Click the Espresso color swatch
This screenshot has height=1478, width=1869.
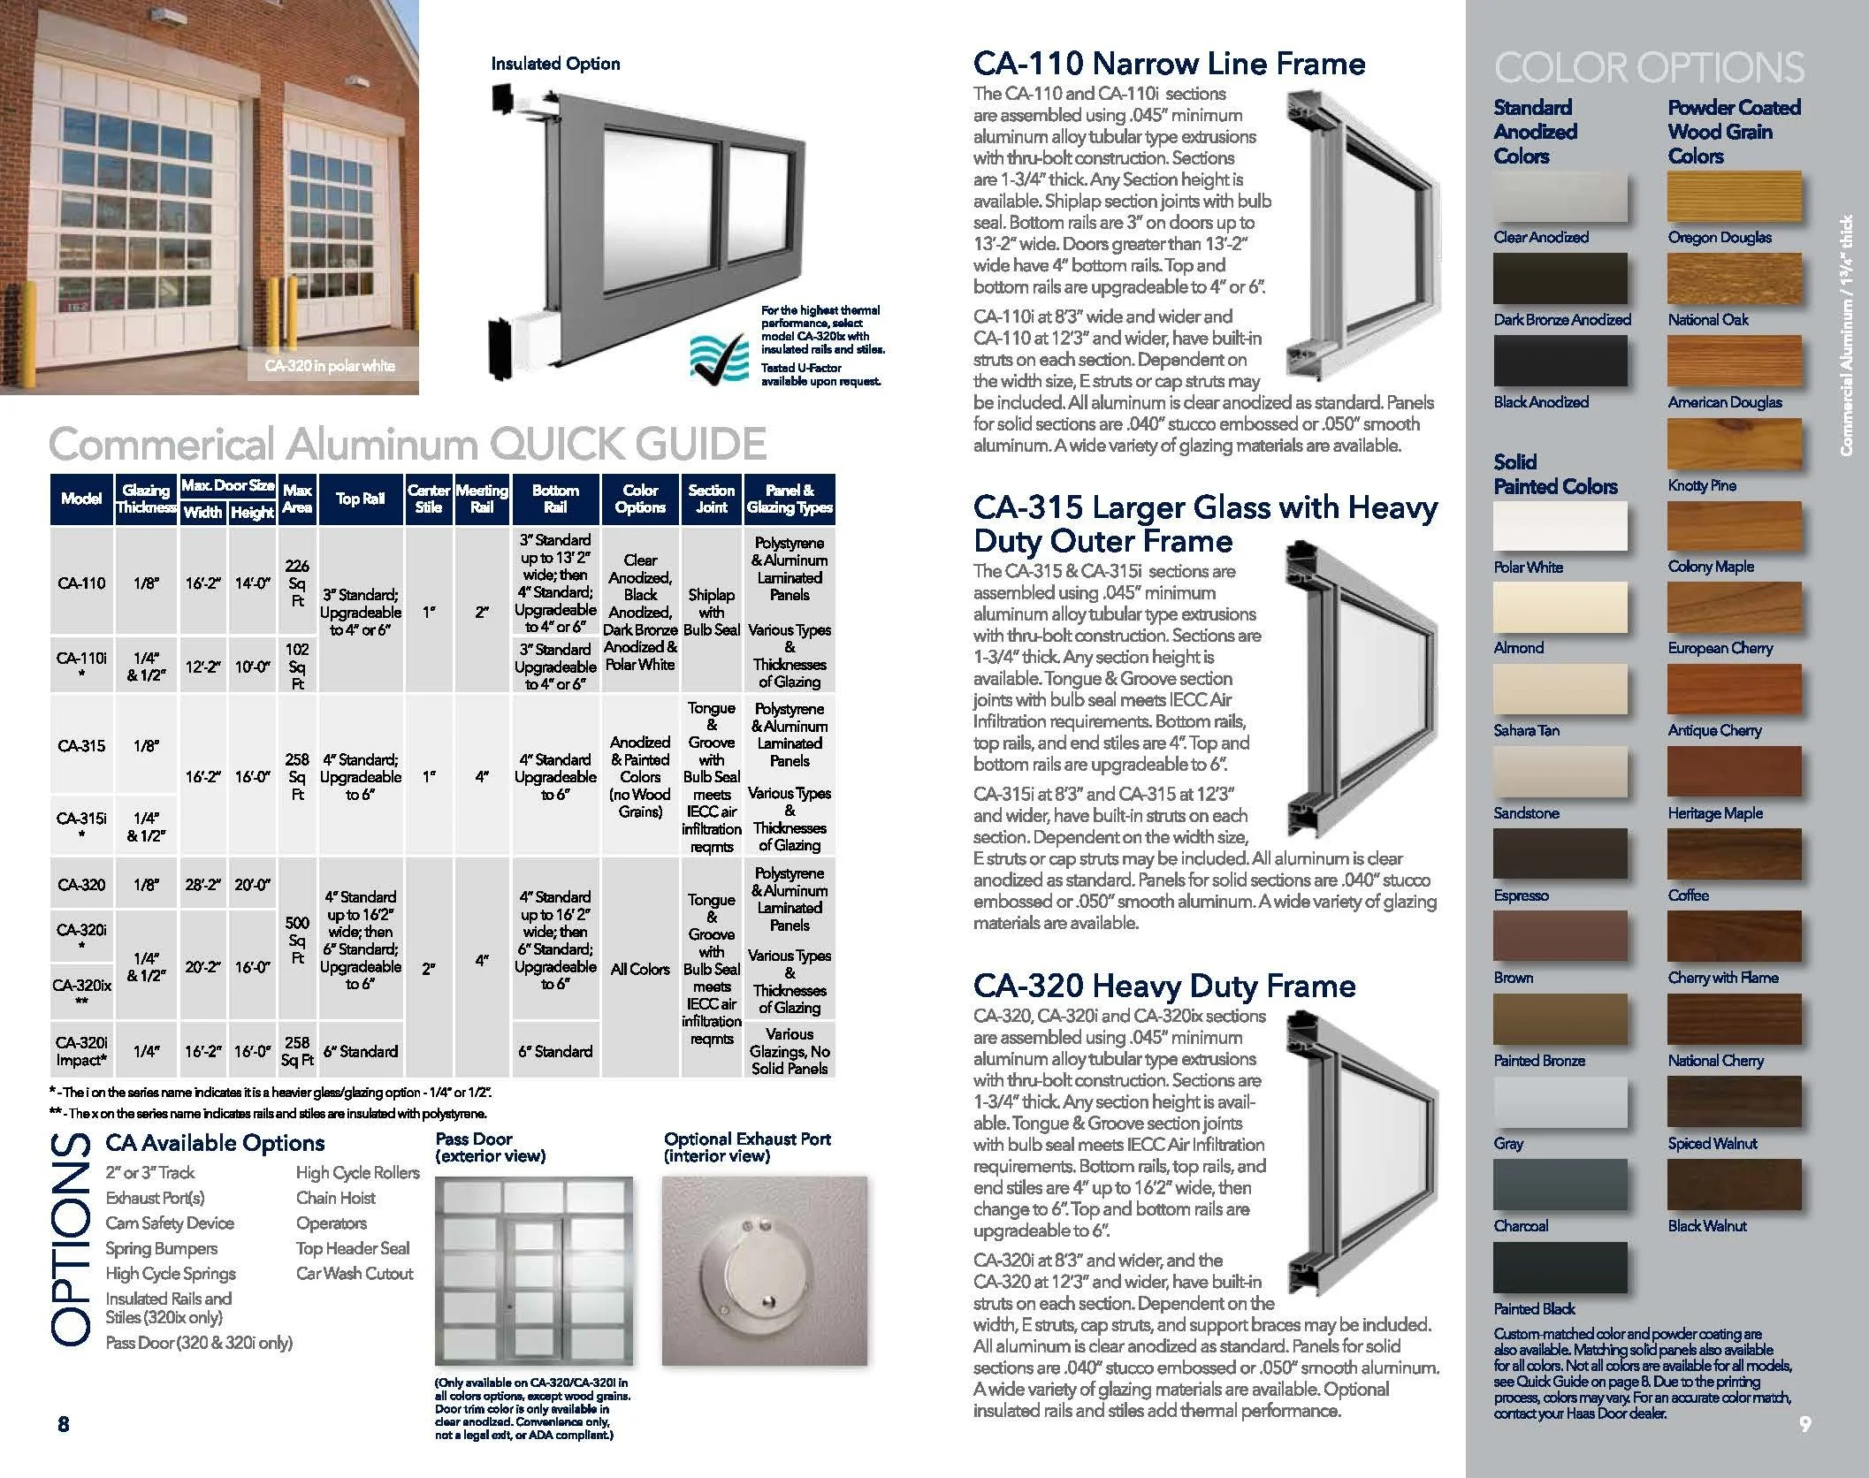click(1560, 855)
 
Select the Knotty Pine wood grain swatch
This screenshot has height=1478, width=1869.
click(1734, 444)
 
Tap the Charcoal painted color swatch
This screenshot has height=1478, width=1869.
click(1560, 1185)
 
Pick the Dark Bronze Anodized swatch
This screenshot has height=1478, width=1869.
click(1560, 278)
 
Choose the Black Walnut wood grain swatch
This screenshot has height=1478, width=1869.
click(1734, 1185)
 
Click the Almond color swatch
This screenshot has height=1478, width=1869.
click(1560, 607)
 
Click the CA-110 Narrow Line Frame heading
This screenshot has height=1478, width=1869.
click(1169, 64)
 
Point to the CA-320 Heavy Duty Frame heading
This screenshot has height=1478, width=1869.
click(1164, 986)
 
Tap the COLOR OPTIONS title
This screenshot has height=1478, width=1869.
click(1649, 68)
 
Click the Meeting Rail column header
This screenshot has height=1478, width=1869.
click(482, 499)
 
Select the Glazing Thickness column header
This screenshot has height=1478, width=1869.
click(146, 499)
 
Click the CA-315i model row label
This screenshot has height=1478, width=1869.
click(81, 826)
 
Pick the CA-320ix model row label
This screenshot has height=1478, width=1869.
click(81, 992)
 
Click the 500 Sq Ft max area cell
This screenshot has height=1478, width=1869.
click(297, 940)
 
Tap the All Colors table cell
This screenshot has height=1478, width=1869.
click(640, 969)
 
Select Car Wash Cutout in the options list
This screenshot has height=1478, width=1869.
click(355, 1274)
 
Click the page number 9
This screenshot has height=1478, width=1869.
click(1804, 1424)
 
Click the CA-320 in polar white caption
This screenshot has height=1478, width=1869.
click(330, 366)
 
